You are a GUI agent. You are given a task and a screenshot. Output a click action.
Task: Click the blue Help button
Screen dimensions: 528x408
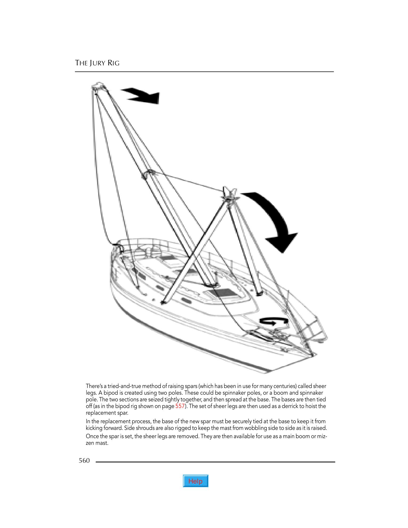pyautogui.click(x=195, y=481)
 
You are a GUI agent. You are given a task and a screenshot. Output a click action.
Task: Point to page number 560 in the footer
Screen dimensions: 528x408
pyautogui.click(x=84, y=461)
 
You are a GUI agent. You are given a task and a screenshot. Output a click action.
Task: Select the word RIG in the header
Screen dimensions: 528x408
pyautogui.click(x=113, y=63)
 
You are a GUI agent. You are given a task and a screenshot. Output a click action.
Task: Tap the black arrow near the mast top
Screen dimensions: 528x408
pyautogui.click(x=143, y=96)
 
